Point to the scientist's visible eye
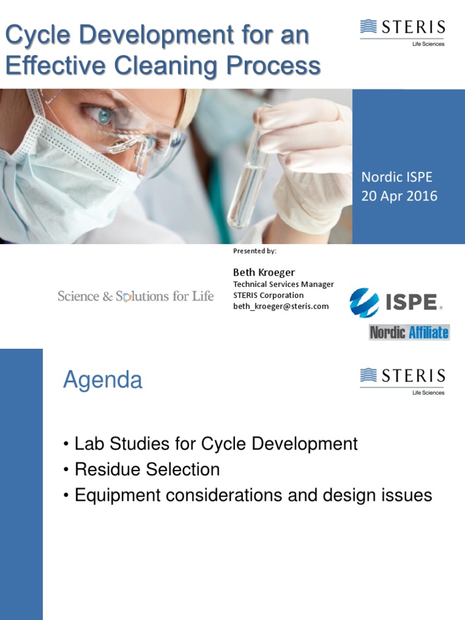[104, 114]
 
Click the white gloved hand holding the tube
[309, 170]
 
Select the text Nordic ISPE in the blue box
[397, 177]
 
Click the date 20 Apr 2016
[399, 196]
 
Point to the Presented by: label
[254, 251]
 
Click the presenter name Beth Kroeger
[264, 272]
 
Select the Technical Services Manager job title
[283, 285]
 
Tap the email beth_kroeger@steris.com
[281, 306]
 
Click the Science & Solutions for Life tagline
[136, 296]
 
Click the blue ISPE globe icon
[364, 303]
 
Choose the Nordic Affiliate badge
[409, 332]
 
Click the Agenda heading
[103, 380]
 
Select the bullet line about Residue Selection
[147, 469]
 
